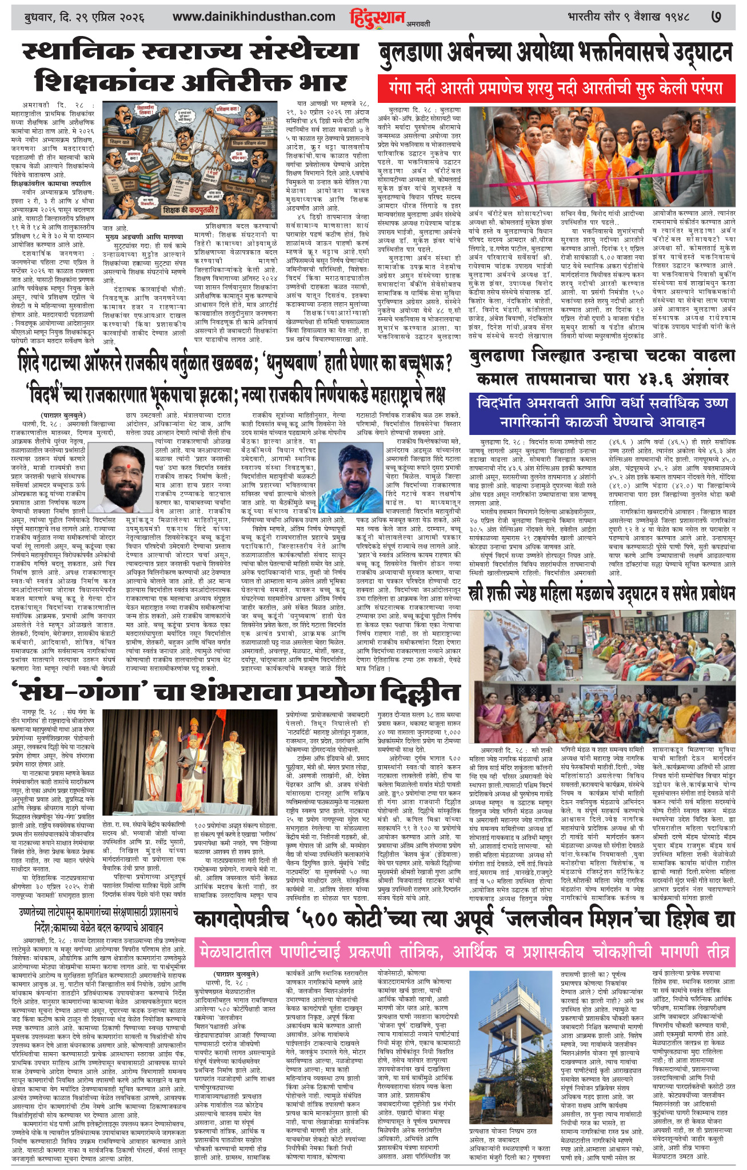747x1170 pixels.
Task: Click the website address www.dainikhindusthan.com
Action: coord(254,17)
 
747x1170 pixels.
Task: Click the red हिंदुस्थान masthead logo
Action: coord(377,18)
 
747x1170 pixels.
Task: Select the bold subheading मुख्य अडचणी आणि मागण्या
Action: coord(151,236)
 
